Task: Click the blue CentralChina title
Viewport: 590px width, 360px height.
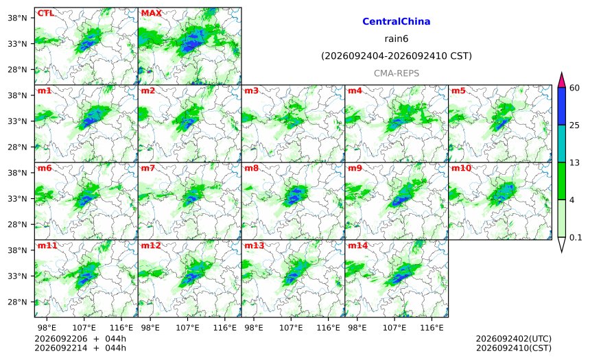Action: pos(397,21)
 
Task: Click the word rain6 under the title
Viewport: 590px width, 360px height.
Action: pos(397,39)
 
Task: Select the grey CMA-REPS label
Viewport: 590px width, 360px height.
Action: pos(397,73)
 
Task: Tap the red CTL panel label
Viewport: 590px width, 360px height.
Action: pos(45,13)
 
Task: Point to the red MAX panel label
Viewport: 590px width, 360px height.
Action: pos(151,13)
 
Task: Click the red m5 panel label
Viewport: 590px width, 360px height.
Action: pos(458,91)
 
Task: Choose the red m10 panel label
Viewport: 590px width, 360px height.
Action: pos(461,168)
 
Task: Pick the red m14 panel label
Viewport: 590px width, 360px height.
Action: pos(357,245)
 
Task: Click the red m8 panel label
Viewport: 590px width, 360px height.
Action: pos(251,168)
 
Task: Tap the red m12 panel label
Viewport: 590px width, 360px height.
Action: pos(150,245)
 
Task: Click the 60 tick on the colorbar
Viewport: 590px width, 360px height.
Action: pos(575,88)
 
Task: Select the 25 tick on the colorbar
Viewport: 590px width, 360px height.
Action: pos(575,125)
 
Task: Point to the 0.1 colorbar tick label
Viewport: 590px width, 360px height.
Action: pos(576,237)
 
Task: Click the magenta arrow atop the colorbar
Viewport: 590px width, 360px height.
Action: pos(561,80)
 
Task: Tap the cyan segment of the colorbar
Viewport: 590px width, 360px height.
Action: pos(561,144)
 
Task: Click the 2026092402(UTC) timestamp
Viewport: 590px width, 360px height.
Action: pos(514,339)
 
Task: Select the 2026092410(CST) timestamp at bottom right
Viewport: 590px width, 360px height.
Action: pos(514,348)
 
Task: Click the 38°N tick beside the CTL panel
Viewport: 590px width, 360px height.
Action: pos(17,18)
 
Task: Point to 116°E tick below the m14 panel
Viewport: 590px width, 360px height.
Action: pos(432,328)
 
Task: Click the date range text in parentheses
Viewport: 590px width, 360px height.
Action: pos(397,56)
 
